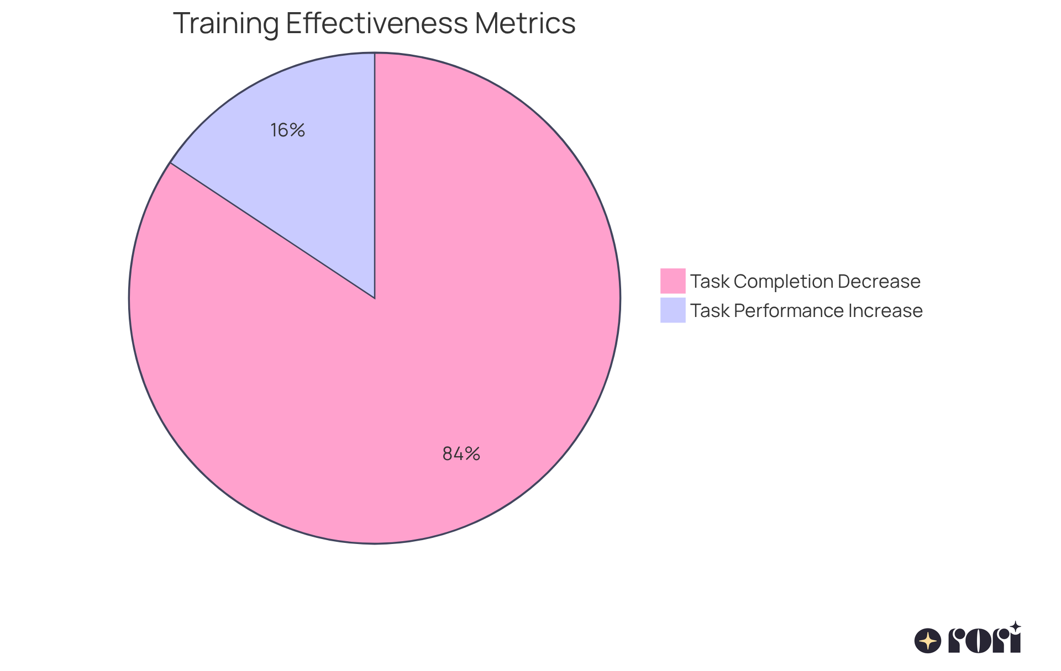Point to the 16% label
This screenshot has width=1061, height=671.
(287, 130)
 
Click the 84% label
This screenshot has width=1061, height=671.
(461, 454)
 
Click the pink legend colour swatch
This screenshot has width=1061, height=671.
(673, 281)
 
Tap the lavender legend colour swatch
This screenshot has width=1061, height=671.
(673, 310)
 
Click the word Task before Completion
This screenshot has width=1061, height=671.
(710, 282)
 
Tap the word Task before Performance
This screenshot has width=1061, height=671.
(710, 311)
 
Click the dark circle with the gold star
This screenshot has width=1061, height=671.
(928, 641)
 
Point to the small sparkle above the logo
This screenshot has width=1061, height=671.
(1015, 626)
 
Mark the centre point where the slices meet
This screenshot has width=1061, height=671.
(375, 298)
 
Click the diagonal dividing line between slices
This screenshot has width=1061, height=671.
(272, 230)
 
